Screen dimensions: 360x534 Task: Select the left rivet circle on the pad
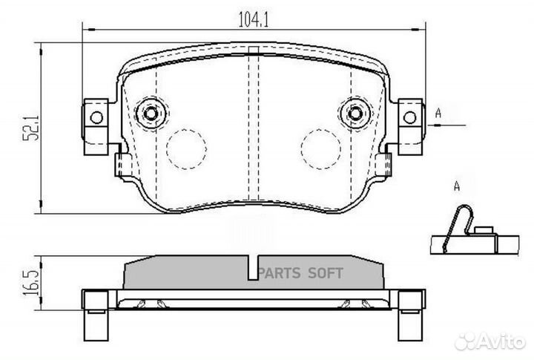click(x=151, y=113)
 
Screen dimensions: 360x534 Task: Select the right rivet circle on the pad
click(x=355, y=113)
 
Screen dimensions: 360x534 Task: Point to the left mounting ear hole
click(x=94, y=117)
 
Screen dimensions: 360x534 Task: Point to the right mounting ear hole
click(x=409, y=117)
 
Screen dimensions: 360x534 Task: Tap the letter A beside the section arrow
click(x=438, y=113)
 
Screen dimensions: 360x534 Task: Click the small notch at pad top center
click(x=253, y=50)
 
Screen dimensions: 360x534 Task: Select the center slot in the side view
click(x=253, y=268)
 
